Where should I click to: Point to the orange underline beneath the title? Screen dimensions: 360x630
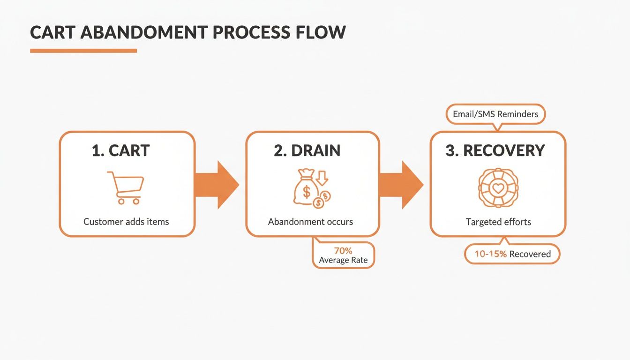(x=83, y=51)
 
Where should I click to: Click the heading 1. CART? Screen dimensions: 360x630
(x=120, y=150)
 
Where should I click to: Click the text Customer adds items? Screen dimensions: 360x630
(x=126, y=221)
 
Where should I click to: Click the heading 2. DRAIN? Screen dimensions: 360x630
(x=307, y=150)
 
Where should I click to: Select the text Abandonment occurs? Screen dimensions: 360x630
(x=310, y=221)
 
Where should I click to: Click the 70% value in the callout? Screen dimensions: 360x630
(x=343, y=251)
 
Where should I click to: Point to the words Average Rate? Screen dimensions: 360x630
(x=343, y=260)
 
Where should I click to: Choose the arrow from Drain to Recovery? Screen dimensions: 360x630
(x=401, y=184)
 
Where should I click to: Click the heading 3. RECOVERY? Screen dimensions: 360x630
(x=495, y=150)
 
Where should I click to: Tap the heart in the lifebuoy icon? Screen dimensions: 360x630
(x=498, y=188)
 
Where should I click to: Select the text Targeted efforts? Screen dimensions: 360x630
(x=498, y=222)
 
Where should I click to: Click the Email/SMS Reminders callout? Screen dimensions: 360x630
(x=495, y=114)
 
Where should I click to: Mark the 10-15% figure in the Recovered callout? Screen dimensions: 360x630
(x=490, y=254)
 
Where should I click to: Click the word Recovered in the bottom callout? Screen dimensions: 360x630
(x=530, y=254)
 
